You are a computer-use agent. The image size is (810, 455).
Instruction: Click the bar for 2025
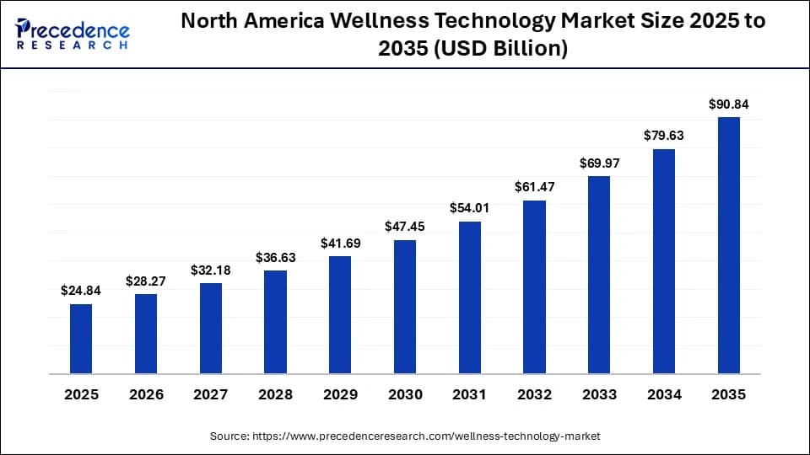coord(81,339)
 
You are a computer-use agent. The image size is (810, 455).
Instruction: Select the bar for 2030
coord(405,307)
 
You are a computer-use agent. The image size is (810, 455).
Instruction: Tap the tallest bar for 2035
coord(729,245)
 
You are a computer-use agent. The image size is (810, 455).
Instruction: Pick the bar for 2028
coord(275,322)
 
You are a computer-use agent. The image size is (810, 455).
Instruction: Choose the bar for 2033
coord(599,275)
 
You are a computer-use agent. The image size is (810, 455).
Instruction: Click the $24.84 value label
coord(81,291)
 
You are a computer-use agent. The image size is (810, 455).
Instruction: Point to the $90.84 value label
coord(729,104)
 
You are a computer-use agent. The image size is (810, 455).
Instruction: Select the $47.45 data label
coord(405,227)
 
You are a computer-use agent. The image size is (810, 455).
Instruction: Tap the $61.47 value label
coord(534,187)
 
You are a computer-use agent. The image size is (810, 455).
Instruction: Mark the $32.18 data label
coord(211,270)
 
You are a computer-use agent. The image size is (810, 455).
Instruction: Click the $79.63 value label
coord(664,136)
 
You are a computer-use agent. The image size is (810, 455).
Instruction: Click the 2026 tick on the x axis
coord(146,393)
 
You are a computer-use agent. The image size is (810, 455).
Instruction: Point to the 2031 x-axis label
coord(470,393)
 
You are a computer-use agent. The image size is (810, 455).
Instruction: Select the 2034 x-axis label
coord(664,393)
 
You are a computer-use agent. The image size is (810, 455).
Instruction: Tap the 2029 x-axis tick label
coord(340,393)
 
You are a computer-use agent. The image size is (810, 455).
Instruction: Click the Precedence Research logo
coord(73,34)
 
